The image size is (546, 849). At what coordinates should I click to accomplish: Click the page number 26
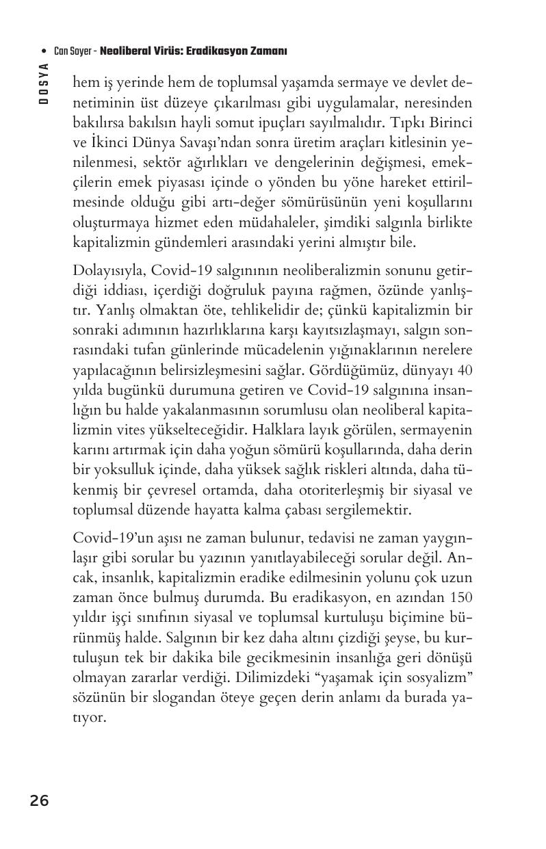[39, 800]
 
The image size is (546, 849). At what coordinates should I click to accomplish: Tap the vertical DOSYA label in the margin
[44, 83]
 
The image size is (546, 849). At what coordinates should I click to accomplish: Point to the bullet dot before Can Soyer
[44, 52]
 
